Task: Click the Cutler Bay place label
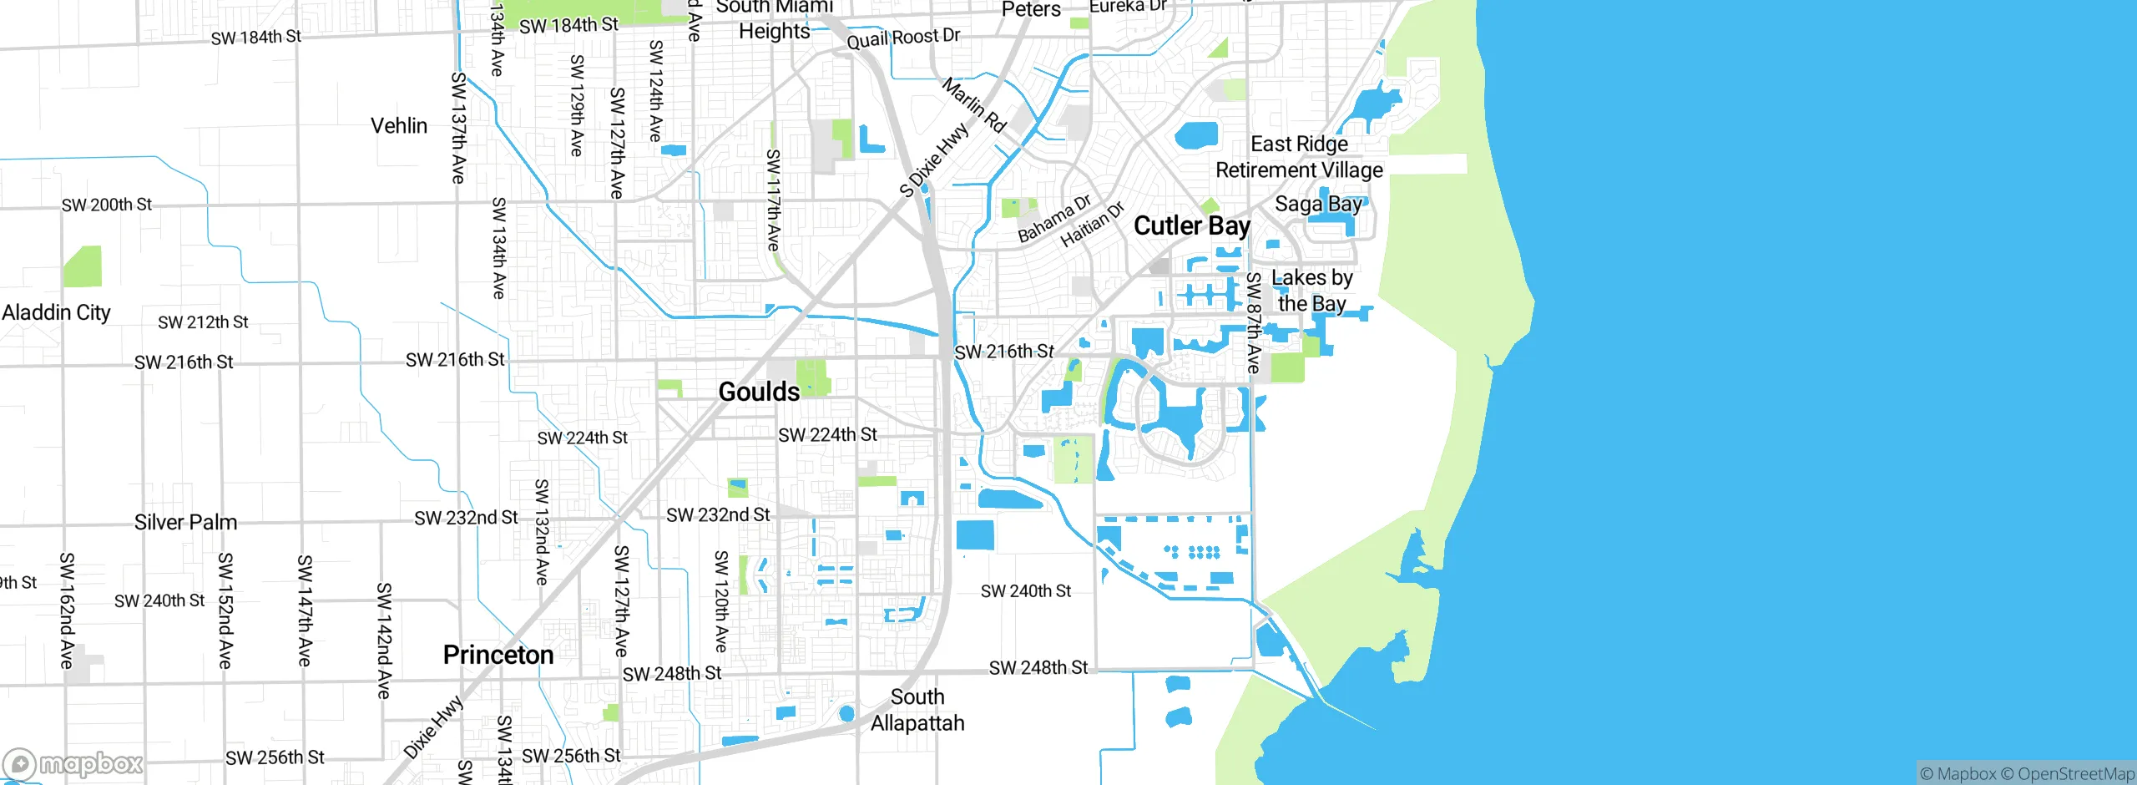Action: (x=1191, y=226)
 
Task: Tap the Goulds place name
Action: (x=759, y=392)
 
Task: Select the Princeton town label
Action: (x=498, y=655)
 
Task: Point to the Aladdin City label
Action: (x=56, y=312)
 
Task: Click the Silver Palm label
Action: (x=185, y=522)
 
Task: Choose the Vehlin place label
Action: (x=399, y=126)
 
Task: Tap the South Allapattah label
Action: (x=917, y=710)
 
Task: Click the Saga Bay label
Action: (x=1318, y=204)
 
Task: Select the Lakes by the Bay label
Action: (x=1311, y=291)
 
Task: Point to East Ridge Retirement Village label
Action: (x=1299, y=157)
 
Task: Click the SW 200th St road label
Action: (x=107, y=205)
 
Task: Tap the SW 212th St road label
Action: (x=203, y=322)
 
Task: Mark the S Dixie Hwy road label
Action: (x=934, y=160)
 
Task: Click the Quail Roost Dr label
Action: (x=903, y=38)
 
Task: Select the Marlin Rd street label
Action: (x=974, y=105)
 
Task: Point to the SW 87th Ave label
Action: (x=1253, y=322)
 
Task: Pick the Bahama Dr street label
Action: (x=1054, y=219)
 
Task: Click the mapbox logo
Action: (x=73, y=763)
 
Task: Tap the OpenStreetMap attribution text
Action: (x=2075, y=774)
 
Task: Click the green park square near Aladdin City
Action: (x=83, y=266)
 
